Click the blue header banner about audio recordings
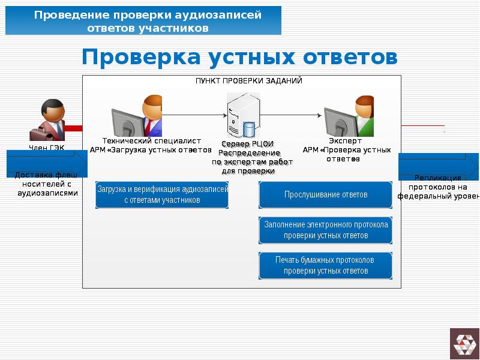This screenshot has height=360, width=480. (143, 22)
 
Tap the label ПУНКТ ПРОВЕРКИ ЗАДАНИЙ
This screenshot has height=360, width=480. (248, 80)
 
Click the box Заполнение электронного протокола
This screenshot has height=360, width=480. (326, 230)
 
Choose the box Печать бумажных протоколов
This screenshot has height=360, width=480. (326, 265)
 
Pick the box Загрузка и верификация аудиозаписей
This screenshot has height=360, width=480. (162, 195)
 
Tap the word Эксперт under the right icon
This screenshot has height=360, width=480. (345, 142)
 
